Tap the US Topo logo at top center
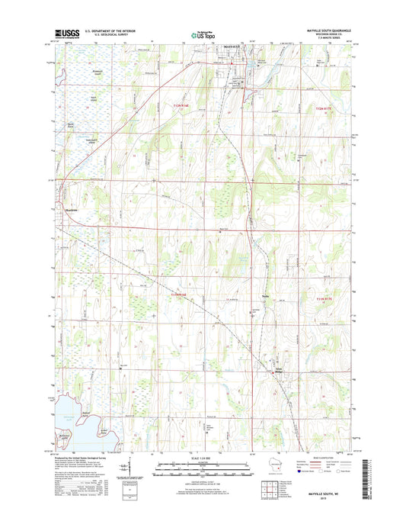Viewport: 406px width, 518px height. (202, 34)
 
